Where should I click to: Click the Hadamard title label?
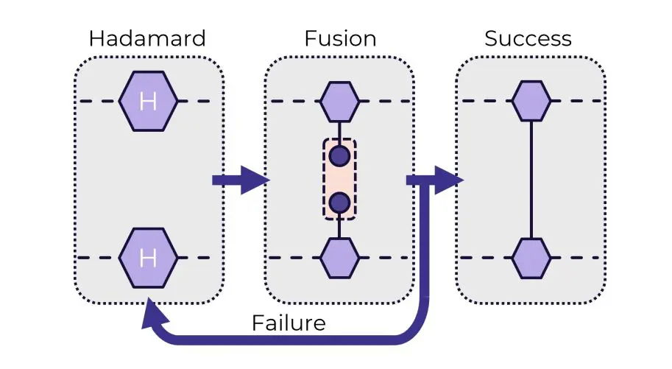pyautogui.click(x=148, y=39)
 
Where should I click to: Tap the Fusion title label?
pyautogui.click(x=339, y=39)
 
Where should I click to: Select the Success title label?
pyautogui.click(x=528, y=39)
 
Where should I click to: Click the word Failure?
pyautogui.click(x=288, y=323)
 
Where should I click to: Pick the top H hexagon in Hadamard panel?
pyautogui.click(x=148, y=101)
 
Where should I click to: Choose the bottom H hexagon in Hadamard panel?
pyautogui.click(x=148, y=258)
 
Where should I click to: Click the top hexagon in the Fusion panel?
pyautogui.click(x=339, y=101)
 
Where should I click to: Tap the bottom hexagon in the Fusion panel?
pyautogui.click(x=339, y=258)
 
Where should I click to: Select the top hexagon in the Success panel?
pyautogui.click(x=531, y=101)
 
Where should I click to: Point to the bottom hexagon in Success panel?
pyautogui.click(x=531, y=258)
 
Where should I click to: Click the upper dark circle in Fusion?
pyautogui.click(x=339, y=156)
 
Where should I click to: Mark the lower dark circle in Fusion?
pyautogui.click(x=339, y=202)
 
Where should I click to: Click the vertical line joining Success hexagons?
pyautogui.click(x=531, y=179)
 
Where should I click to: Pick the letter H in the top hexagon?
pyautogui.click(x=148, y=101)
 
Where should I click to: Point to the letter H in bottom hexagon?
pyautogui.click(x=148, y=258)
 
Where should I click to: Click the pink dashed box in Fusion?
pyautogui.click(x=339, y=179)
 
